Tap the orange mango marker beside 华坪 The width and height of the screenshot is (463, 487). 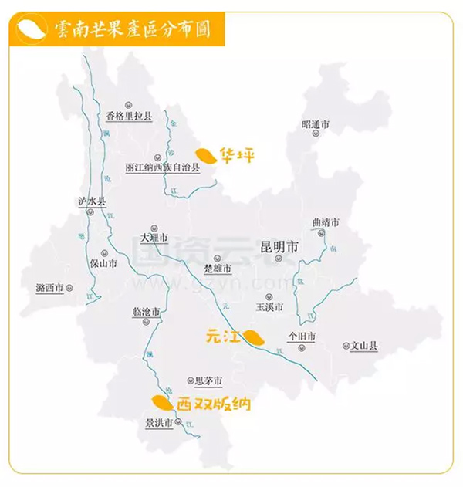click(x=204, y=155)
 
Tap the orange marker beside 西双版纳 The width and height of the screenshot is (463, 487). click(x=161, y=401)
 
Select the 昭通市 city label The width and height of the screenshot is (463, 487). click(x=316, y=123)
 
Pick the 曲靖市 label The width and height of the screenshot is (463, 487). click(x=326, y=222)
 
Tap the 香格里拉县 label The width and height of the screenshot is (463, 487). click(x=130, y=117)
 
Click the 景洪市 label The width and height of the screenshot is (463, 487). click(x=160, y=422)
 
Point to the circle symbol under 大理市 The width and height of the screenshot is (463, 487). click(x=154, y=228)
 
